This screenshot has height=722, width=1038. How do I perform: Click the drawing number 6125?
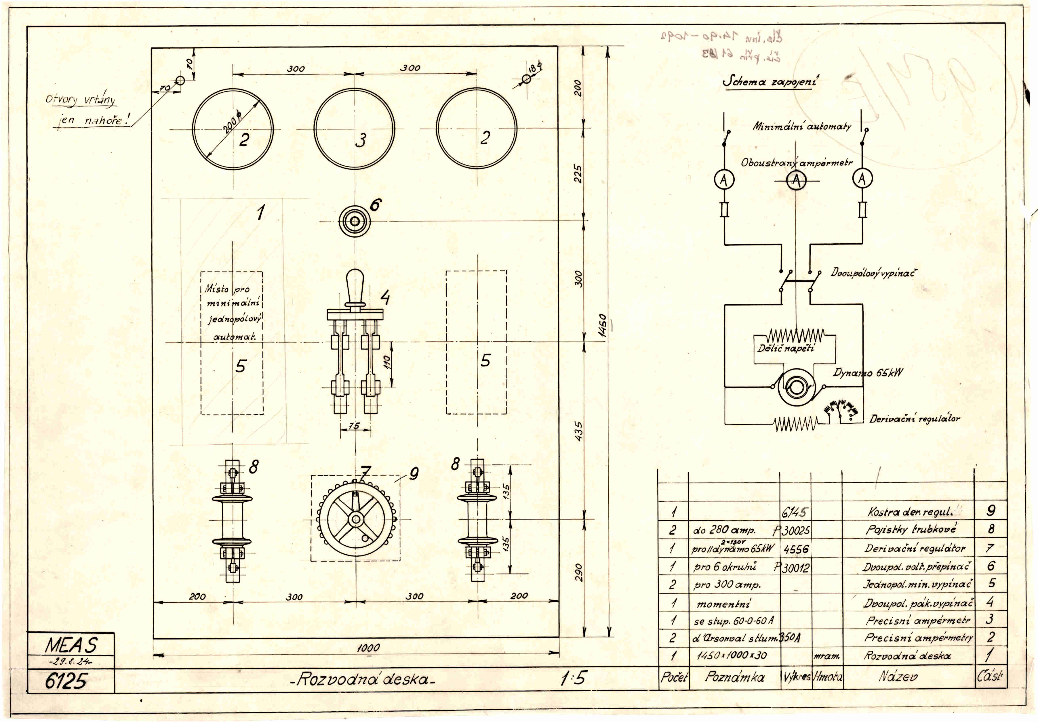click(66, 680)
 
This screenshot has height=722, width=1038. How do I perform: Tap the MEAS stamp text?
click(71, 645)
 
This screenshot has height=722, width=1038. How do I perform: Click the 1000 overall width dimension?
click(368, 647)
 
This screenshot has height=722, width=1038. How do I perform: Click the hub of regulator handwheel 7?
click(355, 519)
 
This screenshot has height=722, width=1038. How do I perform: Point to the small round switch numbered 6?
click(355, 221)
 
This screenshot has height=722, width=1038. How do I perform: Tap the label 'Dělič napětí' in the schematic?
click(786, 348)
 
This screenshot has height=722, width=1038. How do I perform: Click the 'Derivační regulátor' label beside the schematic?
click(914, 418)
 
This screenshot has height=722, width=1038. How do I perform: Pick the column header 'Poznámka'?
click(735, 677)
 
